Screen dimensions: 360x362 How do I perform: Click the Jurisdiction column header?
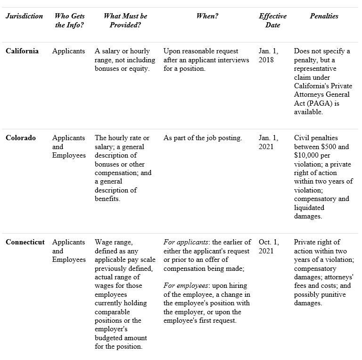24,16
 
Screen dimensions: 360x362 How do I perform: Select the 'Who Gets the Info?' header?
69,20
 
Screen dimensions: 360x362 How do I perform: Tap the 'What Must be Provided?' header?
125,20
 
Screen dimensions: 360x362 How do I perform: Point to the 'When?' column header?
207,16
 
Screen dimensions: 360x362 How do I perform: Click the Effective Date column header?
272,20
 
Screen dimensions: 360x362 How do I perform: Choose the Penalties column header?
324,16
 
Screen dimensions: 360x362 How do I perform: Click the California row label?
22,51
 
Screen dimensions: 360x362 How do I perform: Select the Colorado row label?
21,138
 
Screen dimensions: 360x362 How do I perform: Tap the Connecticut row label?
25,242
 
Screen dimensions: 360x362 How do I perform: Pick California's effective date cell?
268,55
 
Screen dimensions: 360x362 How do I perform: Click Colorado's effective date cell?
268,142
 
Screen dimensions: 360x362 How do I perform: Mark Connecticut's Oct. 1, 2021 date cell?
269,246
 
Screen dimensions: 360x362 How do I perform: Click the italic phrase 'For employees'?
186,285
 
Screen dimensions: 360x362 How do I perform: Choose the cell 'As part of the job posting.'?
203,138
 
